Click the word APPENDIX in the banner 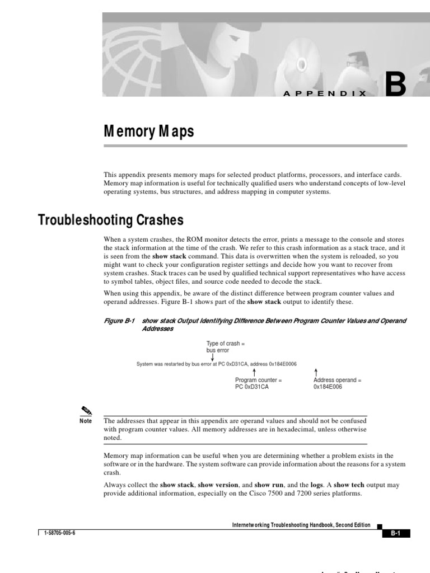click(325, 94)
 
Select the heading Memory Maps click(149, 131)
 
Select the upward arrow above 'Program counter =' click(255, 372)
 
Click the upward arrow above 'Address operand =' click(316, 372)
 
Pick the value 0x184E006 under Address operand click(328, 387)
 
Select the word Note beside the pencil click(86, 421)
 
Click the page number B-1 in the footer click(396, 534)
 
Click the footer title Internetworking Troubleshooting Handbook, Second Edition click(301, 525)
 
